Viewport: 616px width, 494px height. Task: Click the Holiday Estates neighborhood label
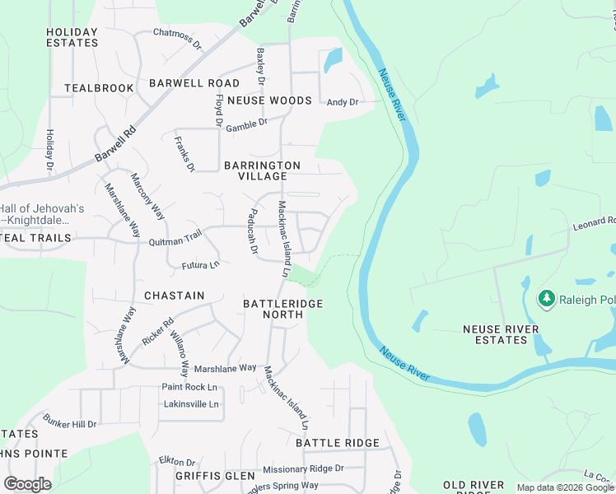(72, 38)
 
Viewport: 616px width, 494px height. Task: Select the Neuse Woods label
(269, 100)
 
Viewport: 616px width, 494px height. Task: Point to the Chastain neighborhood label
(173, 295)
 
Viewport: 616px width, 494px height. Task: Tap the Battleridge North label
(283, 309)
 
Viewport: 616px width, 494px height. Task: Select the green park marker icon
(545, 298)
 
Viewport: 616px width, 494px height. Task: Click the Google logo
(27, 484)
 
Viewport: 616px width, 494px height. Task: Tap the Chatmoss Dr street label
(177, 38)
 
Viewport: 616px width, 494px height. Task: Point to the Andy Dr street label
(343, 102)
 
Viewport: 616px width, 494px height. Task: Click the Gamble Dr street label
(247, 124)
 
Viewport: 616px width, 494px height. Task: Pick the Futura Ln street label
(201, 265)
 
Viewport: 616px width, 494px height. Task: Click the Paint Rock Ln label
(189, 387)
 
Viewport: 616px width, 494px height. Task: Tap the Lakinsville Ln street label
(191, 404)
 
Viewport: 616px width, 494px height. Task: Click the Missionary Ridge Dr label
(303, 468)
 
